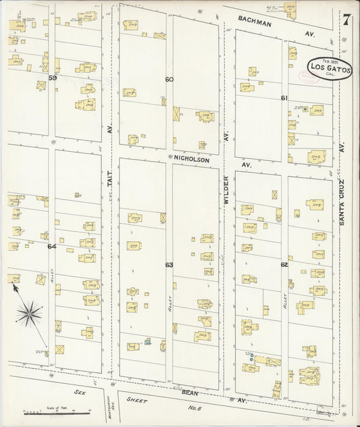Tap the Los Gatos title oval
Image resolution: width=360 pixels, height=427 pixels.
(329, 68)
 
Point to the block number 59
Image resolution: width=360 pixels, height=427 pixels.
(52, 78)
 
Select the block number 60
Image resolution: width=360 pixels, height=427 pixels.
(169, 79)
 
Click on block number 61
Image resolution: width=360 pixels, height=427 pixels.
(284, 98)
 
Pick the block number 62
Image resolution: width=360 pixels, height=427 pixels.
(284, 264)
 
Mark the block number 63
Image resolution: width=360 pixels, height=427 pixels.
(169, 264)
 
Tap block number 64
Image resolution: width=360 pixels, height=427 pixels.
(52, 247)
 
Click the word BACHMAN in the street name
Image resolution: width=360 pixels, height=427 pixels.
(255, 24)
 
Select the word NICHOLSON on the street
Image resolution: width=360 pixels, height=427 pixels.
(192, 160)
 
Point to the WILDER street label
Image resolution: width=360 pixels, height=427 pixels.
(227, 192)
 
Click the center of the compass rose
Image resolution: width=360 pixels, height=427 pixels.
(29, 311)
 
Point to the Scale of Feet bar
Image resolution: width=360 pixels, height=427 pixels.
(42, 411)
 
